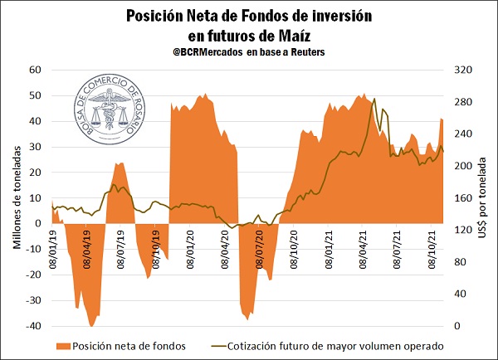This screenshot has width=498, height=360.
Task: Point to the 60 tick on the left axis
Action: (36, 70)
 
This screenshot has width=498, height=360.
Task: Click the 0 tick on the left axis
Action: (40, 223)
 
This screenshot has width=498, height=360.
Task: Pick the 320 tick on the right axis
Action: (461, 70)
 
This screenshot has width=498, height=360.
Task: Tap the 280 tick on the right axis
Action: (461, 102)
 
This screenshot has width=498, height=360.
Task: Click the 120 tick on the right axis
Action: (461, 230)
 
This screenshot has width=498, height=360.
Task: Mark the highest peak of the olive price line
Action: (374, 99)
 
